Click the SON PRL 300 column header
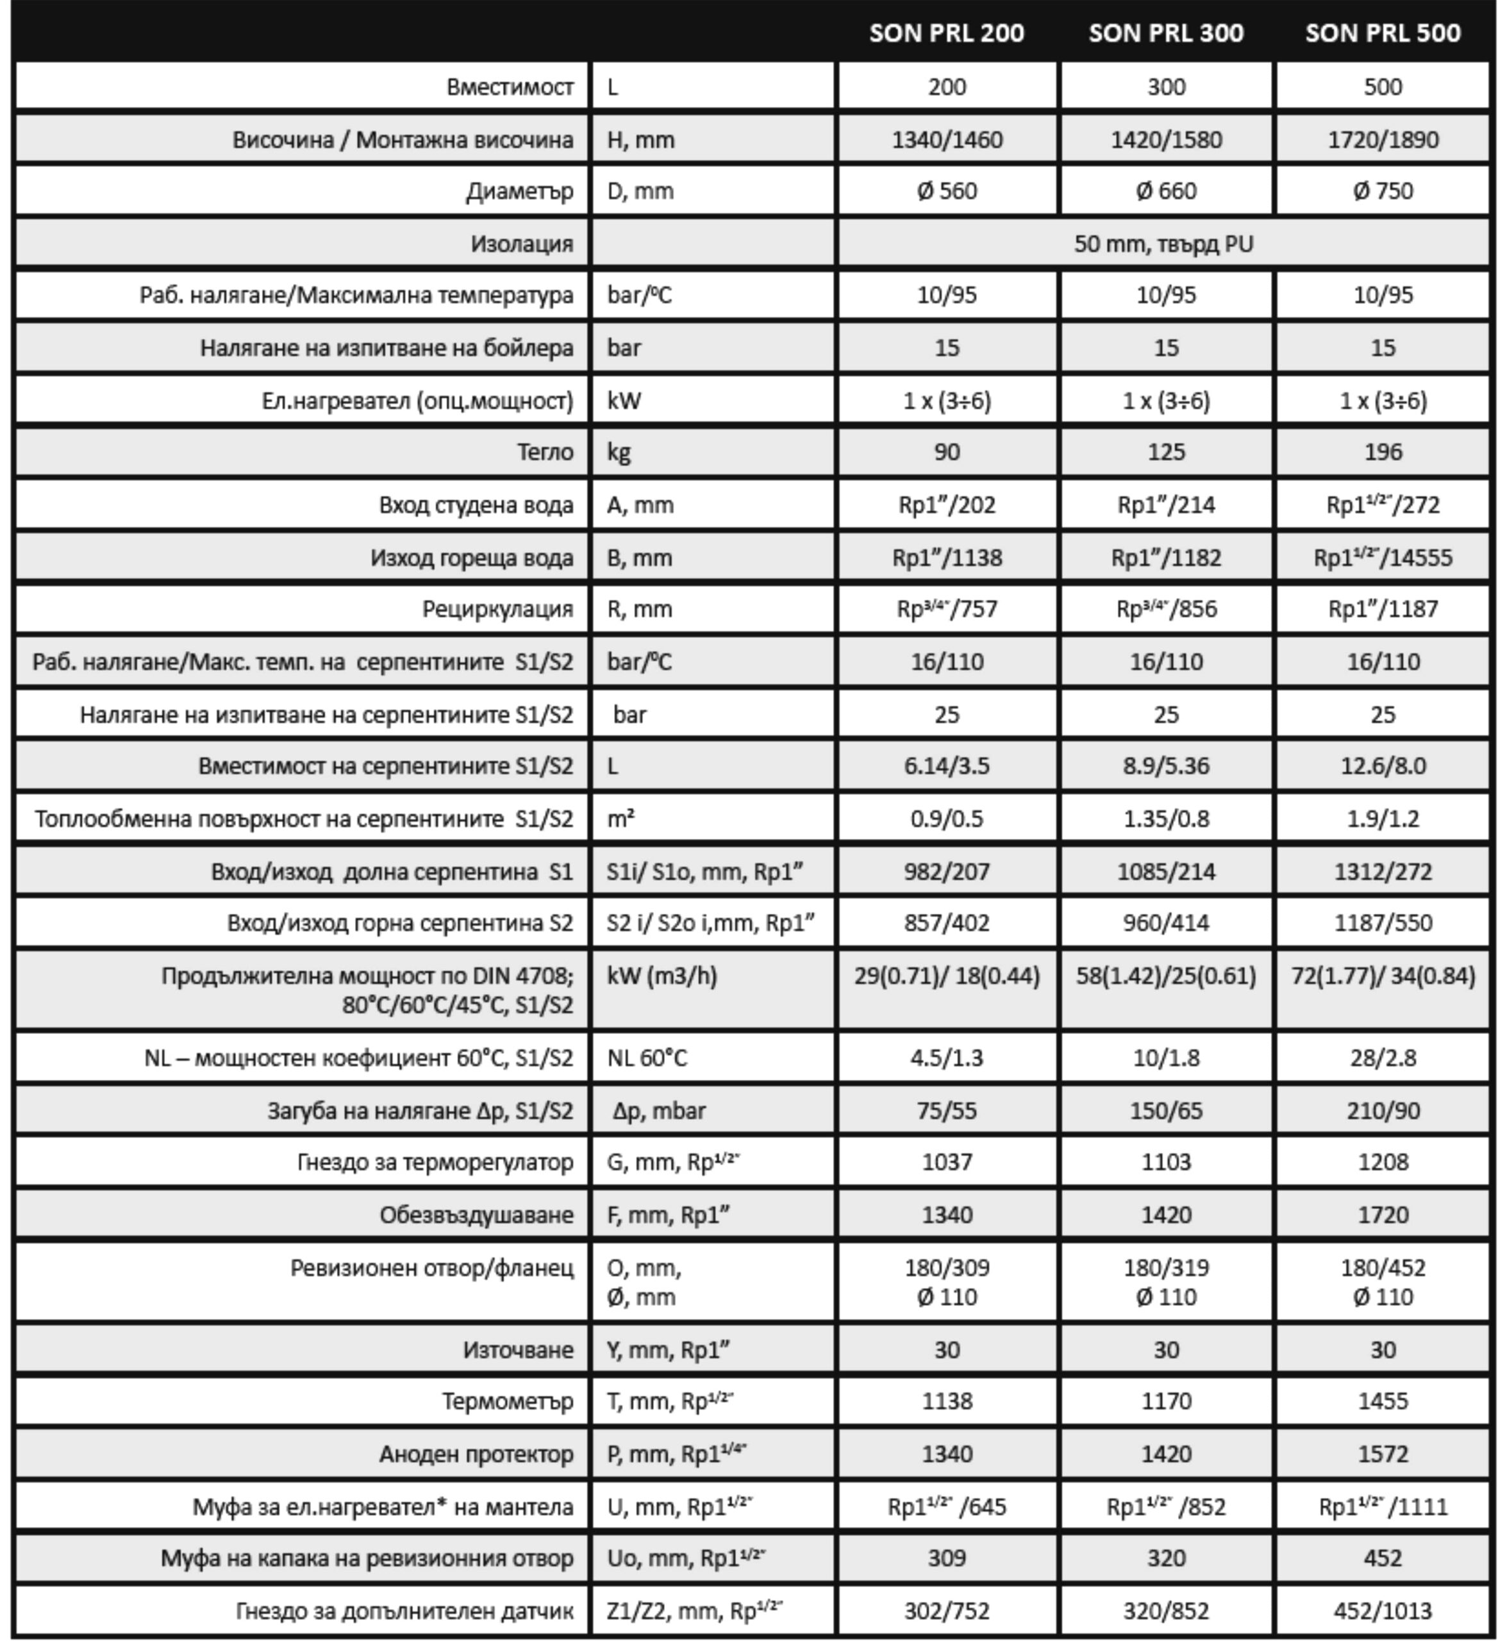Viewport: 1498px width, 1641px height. (1166, 33)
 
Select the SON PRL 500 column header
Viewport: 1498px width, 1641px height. (1383, 33)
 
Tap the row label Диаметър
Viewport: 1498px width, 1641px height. (519, 191)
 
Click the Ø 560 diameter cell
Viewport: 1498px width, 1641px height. (947, 191)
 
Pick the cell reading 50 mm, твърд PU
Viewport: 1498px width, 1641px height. (1163, 244)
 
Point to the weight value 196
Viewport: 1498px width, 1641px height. (1383, 452)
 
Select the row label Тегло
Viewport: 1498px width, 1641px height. (545, 452)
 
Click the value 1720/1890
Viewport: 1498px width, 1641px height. (1383, 139)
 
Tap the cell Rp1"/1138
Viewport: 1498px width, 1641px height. (947, 558)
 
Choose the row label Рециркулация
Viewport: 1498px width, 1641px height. (497, 609)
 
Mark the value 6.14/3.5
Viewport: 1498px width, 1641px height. (947, 766)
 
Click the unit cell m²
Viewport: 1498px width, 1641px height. (621, 818)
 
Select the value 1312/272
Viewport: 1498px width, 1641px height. (1383, 872)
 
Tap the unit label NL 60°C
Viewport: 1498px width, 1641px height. (647, 1058)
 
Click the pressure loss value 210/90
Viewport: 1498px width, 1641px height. (1383, 1110)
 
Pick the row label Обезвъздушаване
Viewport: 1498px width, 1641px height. (476, 1215)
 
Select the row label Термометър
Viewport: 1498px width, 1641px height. (507, 1401)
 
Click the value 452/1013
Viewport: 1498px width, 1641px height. (1383, 1610)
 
